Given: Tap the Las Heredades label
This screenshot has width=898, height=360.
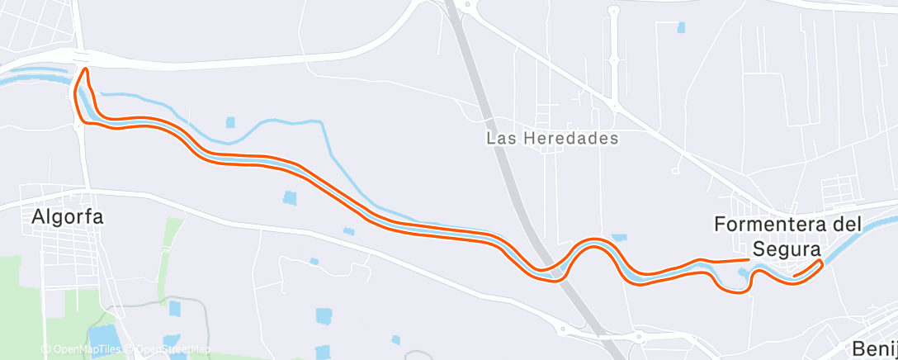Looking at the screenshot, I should (552, 139).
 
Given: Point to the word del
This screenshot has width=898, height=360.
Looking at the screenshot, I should (848, 224).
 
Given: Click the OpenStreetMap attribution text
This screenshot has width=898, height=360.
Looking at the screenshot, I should (171, 349).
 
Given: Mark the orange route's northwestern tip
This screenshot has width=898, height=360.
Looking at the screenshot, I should (83, 72).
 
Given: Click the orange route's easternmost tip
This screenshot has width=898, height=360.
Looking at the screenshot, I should (820, 263).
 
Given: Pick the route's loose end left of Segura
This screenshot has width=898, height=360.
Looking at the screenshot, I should (748, 260).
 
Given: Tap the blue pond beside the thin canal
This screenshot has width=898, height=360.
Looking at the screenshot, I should (230, 122).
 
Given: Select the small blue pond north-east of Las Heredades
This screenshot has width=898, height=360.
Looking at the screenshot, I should (681, 27).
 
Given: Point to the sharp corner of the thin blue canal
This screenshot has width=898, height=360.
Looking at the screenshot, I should (321, 122).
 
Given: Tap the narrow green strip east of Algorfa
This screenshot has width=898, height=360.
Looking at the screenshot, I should (171, 239).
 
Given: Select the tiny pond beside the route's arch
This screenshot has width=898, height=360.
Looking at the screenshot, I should (619, 238).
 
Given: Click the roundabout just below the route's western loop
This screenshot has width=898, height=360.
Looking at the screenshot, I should (81, 121).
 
